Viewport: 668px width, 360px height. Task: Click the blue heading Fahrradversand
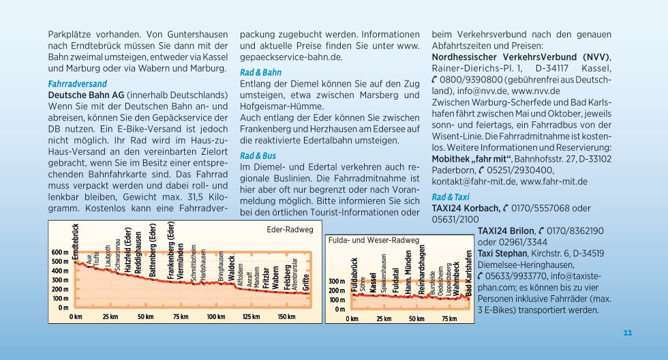[77, 83]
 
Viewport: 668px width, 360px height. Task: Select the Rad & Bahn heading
[260, 72]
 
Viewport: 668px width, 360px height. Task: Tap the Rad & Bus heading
[258, 156]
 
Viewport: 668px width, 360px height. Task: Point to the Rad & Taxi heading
[451, 197]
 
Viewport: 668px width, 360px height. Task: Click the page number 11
[628, 333]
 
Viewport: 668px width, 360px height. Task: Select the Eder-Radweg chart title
[290, 230]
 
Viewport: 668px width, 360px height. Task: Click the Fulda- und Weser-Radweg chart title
[374, 240]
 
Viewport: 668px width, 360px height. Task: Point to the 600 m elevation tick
[60, 252]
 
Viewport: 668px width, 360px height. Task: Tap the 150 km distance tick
[286, 316]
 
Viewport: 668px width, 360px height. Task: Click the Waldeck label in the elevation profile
[232, 268]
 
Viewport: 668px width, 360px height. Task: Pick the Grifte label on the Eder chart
[306, 282]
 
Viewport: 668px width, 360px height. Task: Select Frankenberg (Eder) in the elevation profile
[171, 250]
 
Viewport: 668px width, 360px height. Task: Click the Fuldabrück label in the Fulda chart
[354, 275]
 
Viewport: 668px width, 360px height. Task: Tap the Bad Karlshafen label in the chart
[469, 273]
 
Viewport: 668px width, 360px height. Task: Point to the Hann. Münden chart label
[408, 272]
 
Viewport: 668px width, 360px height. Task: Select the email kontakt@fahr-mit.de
[474, 182]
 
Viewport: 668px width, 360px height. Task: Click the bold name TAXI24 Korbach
[466, 209]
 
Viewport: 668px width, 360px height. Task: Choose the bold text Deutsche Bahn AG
[86, 95]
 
